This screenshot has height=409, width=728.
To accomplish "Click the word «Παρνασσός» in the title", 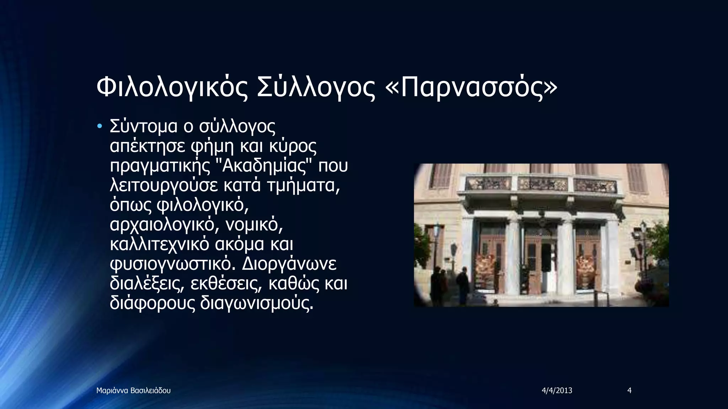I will tap(471, 87).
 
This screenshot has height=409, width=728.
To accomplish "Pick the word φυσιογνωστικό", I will tap(171, 264).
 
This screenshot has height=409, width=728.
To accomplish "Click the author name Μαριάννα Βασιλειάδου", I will tap(133, 391).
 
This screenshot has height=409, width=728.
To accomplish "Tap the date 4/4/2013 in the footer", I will tap(557, 391).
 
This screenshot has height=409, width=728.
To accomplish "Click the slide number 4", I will tap(630, 391).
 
